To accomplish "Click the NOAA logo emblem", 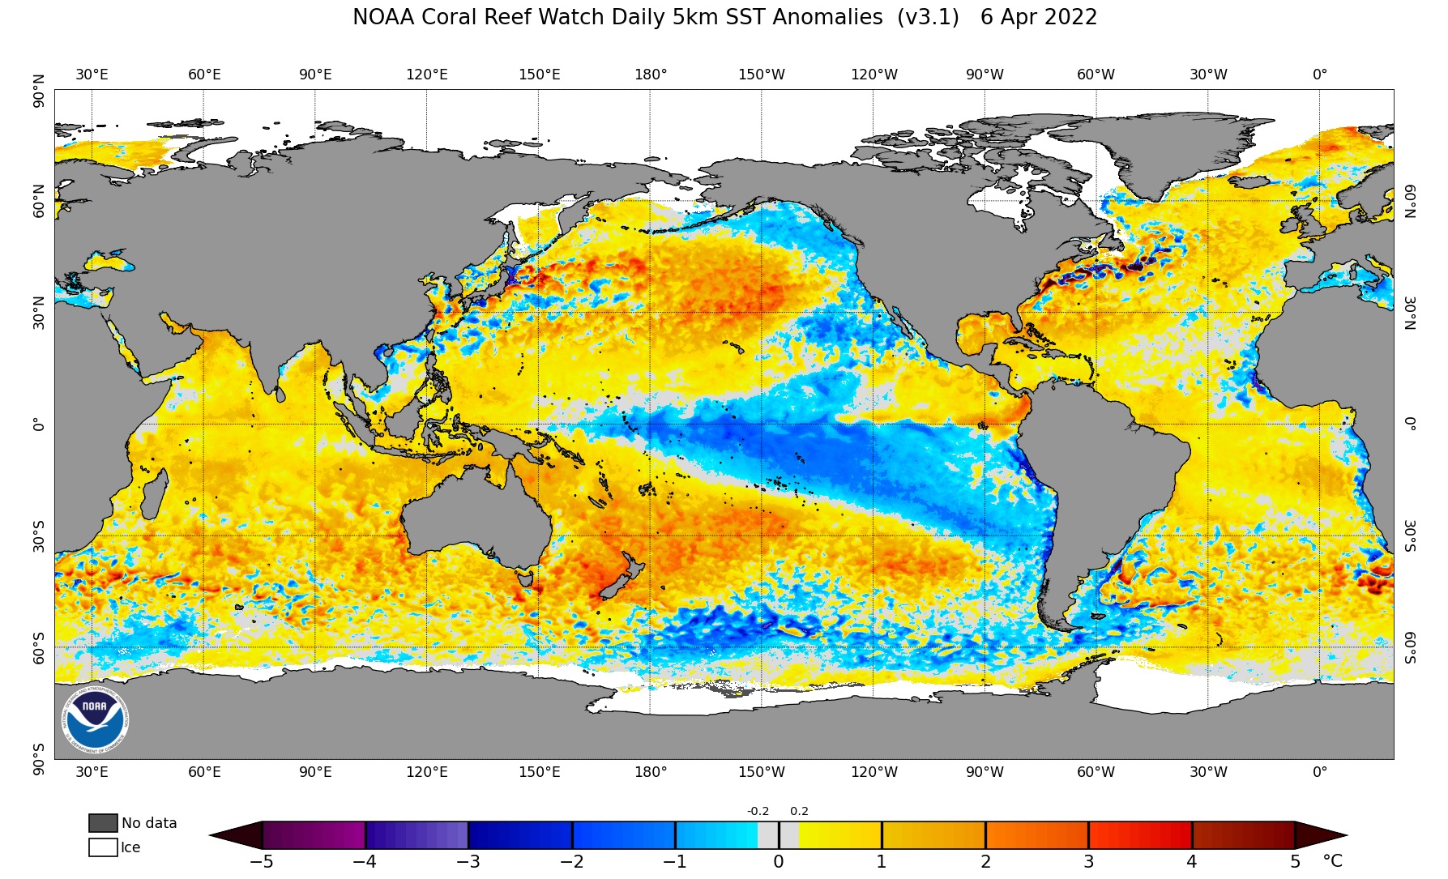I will (95, 719).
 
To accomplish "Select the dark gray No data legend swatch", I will (103, 823).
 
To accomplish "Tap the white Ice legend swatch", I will (103, 847).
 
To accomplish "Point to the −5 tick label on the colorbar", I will (261, 861).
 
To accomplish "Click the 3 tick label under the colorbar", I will (1089, 861).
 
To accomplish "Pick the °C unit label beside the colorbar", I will (1332, 861).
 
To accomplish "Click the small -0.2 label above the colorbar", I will (758, 812).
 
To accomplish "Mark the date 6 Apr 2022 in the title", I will (1039, 17).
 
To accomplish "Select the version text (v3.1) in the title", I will (928, 17).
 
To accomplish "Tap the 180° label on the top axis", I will (651, 75).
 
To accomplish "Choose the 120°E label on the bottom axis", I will (427, 772).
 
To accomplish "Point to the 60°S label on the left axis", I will (39, 647).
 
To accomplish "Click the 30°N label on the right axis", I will (1411, 313).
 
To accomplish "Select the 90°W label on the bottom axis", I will (985, 772).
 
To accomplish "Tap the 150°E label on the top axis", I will (540, 75).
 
